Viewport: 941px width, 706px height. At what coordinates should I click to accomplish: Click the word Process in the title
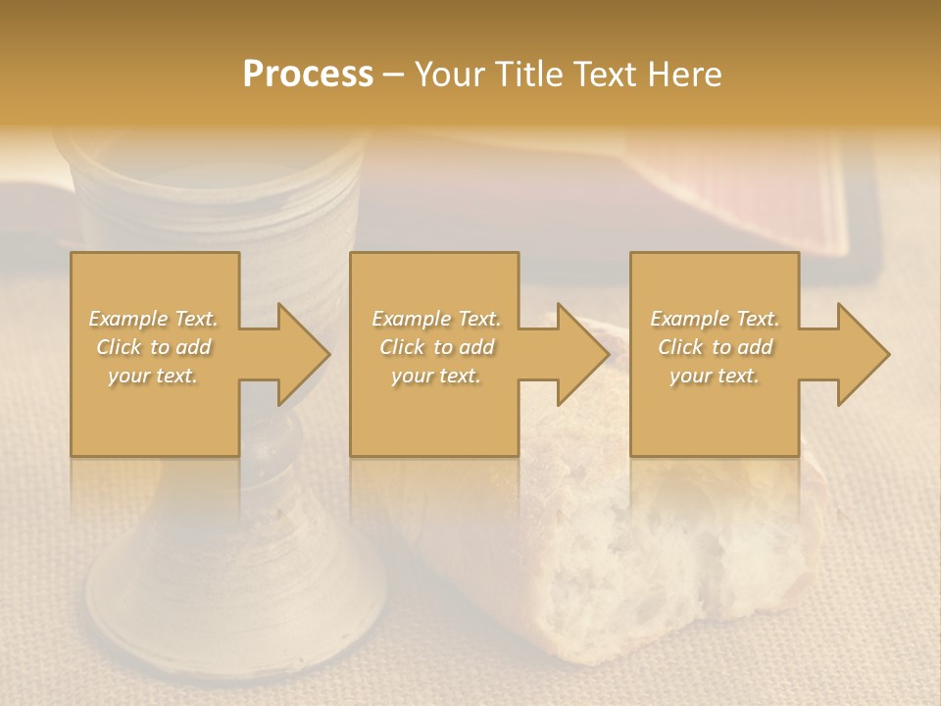308,75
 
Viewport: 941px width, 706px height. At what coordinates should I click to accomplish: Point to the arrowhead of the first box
304,354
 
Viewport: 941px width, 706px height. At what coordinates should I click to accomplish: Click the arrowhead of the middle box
583,354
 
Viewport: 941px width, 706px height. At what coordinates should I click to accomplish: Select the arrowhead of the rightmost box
864,354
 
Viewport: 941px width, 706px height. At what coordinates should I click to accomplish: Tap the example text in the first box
154,347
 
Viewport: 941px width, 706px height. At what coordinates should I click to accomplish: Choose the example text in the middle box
436,347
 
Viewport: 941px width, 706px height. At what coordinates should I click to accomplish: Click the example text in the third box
715,347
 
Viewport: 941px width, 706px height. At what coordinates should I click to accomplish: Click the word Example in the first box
127,319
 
